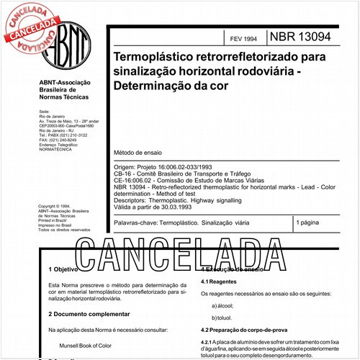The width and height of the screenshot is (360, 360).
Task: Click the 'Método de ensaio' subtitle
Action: tap(137, 153)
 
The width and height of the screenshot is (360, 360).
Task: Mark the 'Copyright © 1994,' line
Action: tap(57, 205)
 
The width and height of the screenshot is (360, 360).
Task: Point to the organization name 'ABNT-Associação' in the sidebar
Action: tap(60, 84)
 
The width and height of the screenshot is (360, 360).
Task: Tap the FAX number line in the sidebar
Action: tap(60, 140)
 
